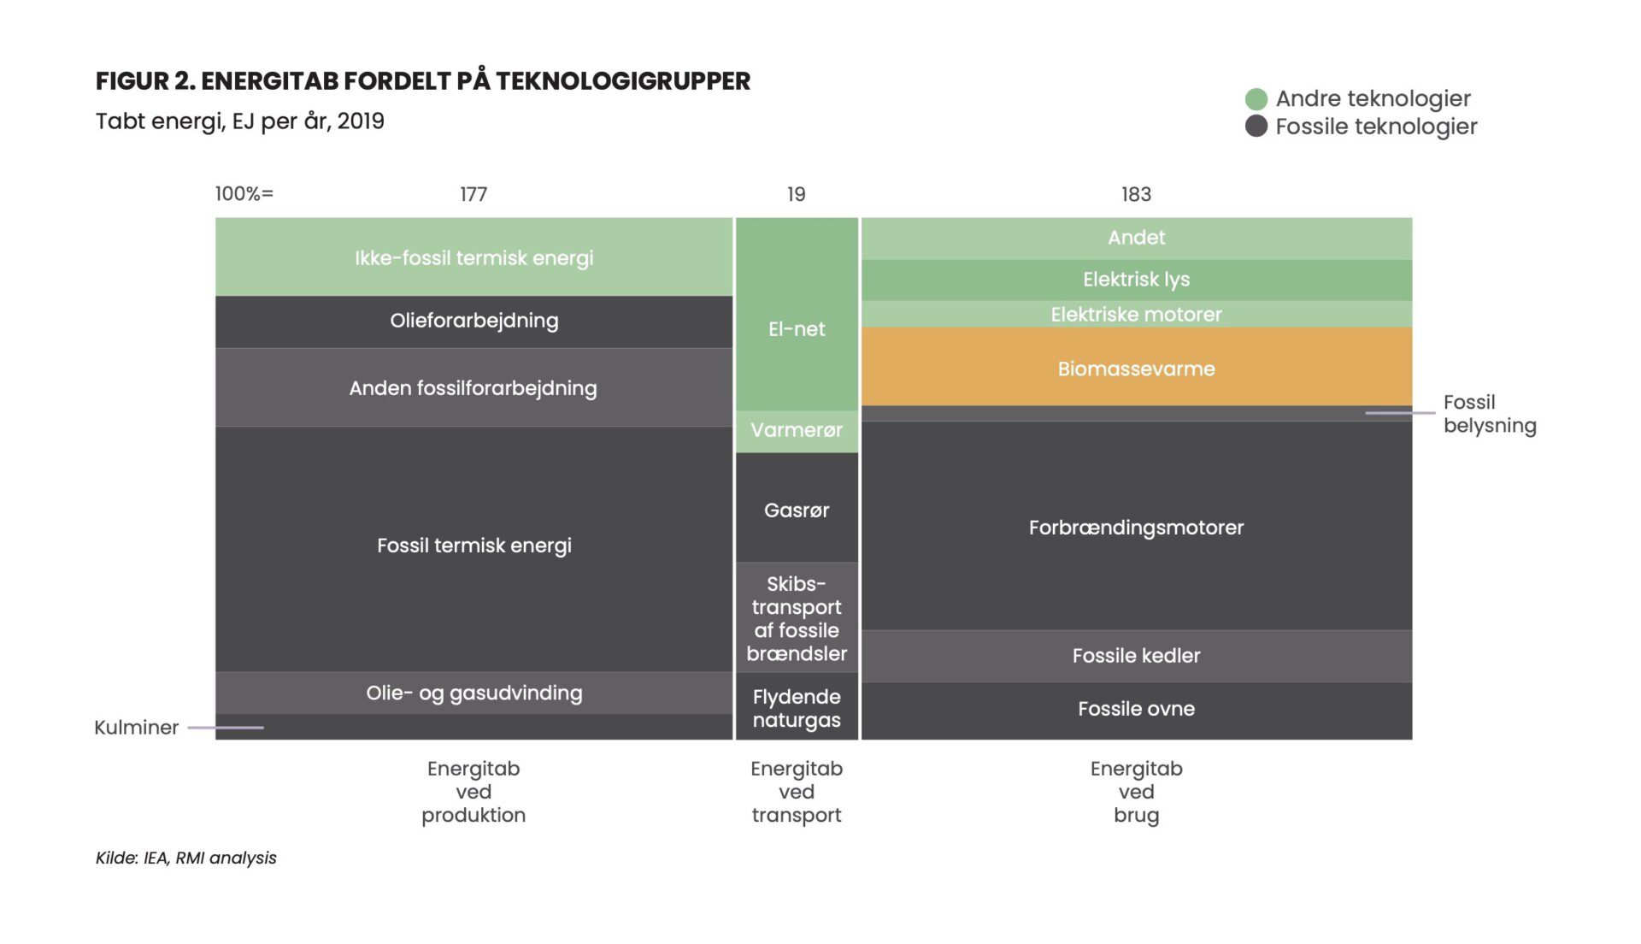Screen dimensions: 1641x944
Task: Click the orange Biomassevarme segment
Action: [x=1136, y=366]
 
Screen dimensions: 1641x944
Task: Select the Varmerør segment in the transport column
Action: [x=797, y=431]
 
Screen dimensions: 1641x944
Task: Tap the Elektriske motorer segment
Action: [x=1136, y=314]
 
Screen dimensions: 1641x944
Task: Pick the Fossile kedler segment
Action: [x=1136, y=656]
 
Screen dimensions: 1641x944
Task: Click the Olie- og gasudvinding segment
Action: [x=473, y=693]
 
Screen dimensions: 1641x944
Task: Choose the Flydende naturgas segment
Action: [x=797, y=706]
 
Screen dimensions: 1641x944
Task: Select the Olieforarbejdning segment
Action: [x=473, y=322]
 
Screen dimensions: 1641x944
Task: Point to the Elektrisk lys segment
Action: [x=1136, y=280]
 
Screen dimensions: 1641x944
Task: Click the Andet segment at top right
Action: [x=1136, y=238]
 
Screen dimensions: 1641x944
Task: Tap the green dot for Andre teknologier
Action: [x=1256, y=99]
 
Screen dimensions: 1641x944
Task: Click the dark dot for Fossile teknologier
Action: [x=1256, y=127]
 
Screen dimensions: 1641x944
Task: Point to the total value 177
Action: [x=473, y=194]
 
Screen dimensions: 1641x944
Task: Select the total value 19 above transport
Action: [x=796, y=194]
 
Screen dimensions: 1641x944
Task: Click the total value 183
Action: [x=1136, y=194]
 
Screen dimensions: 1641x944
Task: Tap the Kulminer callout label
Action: [x=136, y=728]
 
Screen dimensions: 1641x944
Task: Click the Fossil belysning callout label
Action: [x=1490, y=414]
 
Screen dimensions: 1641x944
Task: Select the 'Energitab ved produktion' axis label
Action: [x=473, y=792]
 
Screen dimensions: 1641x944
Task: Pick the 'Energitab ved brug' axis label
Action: [x=1136, y=792]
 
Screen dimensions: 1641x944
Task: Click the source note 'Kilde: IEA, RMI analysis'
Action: [x=186, y=858]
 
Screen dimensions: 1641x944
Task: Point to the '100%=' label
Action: [x=244, y=194]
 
